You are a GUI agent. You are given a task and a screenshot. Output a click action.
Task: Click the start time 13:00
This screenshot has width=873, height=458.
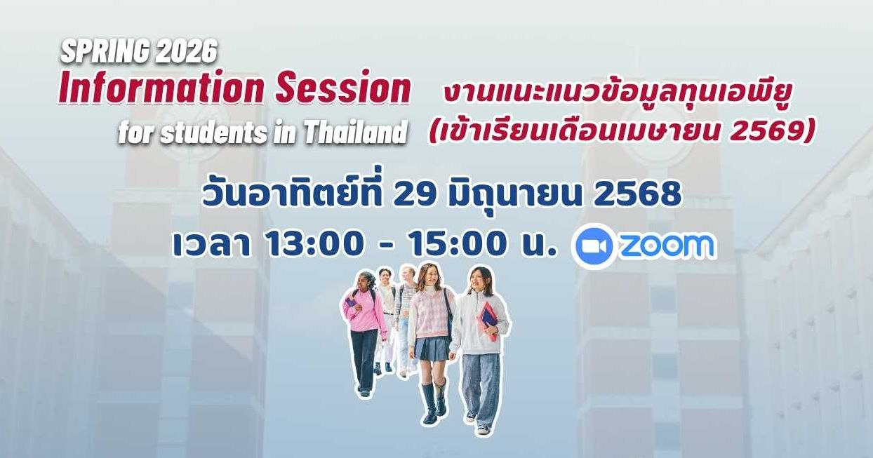[315, 244]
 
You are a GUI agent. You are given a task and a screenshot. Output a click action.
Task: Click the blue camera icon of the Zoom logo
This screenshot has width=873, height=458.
[593, 246]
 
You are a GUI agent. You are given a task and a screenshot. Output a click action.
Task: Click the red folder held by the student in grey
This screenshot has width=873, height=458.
[487, 320]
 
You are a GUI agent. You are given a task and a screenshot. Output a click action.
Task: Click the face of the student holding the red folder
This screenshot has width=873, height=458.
[480, 281]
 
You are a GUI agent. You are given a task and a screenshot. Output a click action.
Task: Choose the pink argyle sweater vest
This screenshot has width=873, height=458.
[429, 311]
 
